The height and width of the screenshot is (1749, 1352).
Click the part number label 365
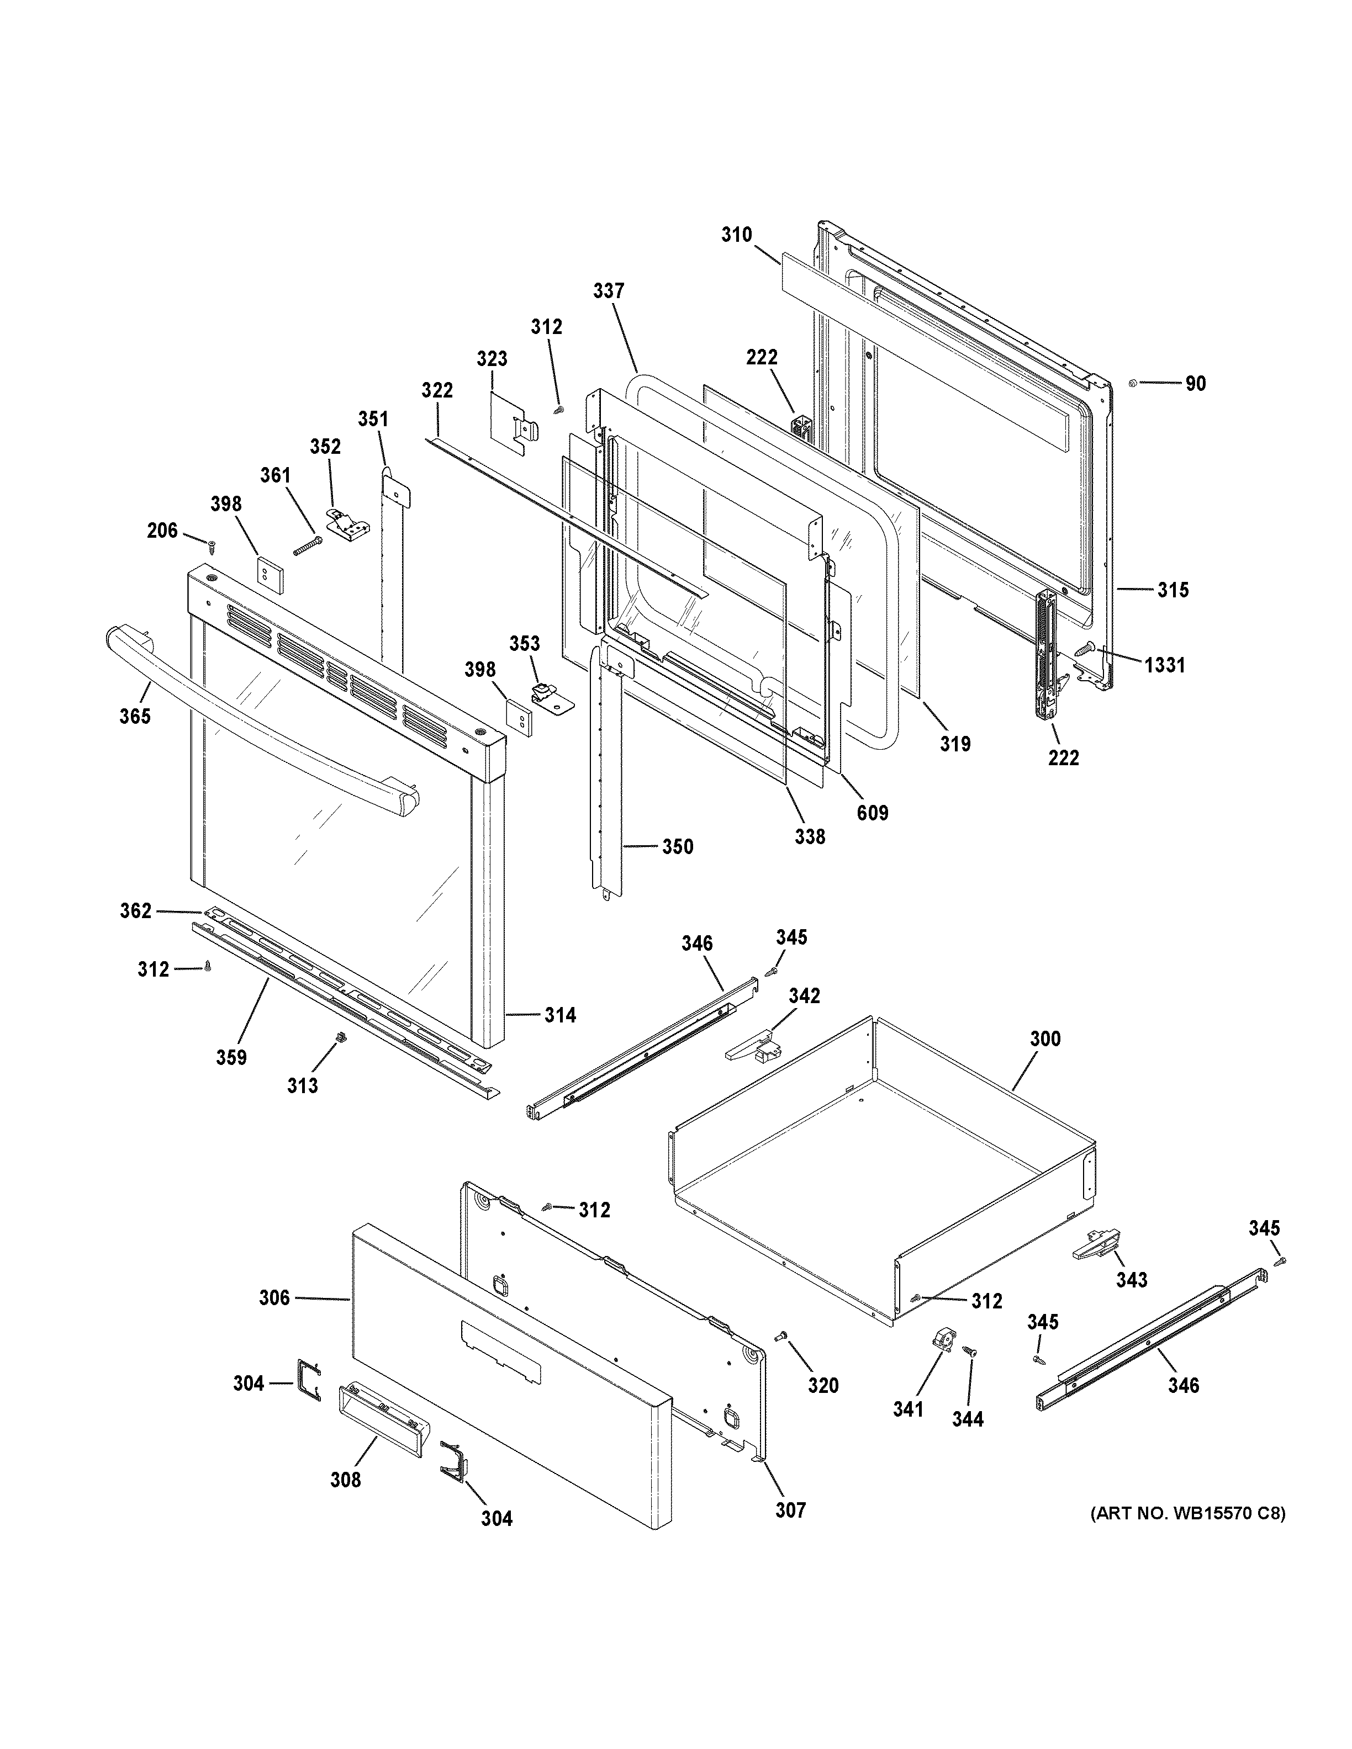[x=135, y=716]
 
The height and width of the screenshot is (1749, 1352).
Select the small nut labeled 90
[x=1132, y=383]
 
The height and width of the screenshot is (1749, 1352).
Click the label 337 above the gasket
[x=609, y=291]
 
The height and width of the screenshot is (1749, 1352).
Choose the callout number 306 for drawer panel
[x=274, y=1297]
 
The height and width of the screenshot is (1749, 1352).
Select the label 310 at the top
[x=736, y=235]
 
